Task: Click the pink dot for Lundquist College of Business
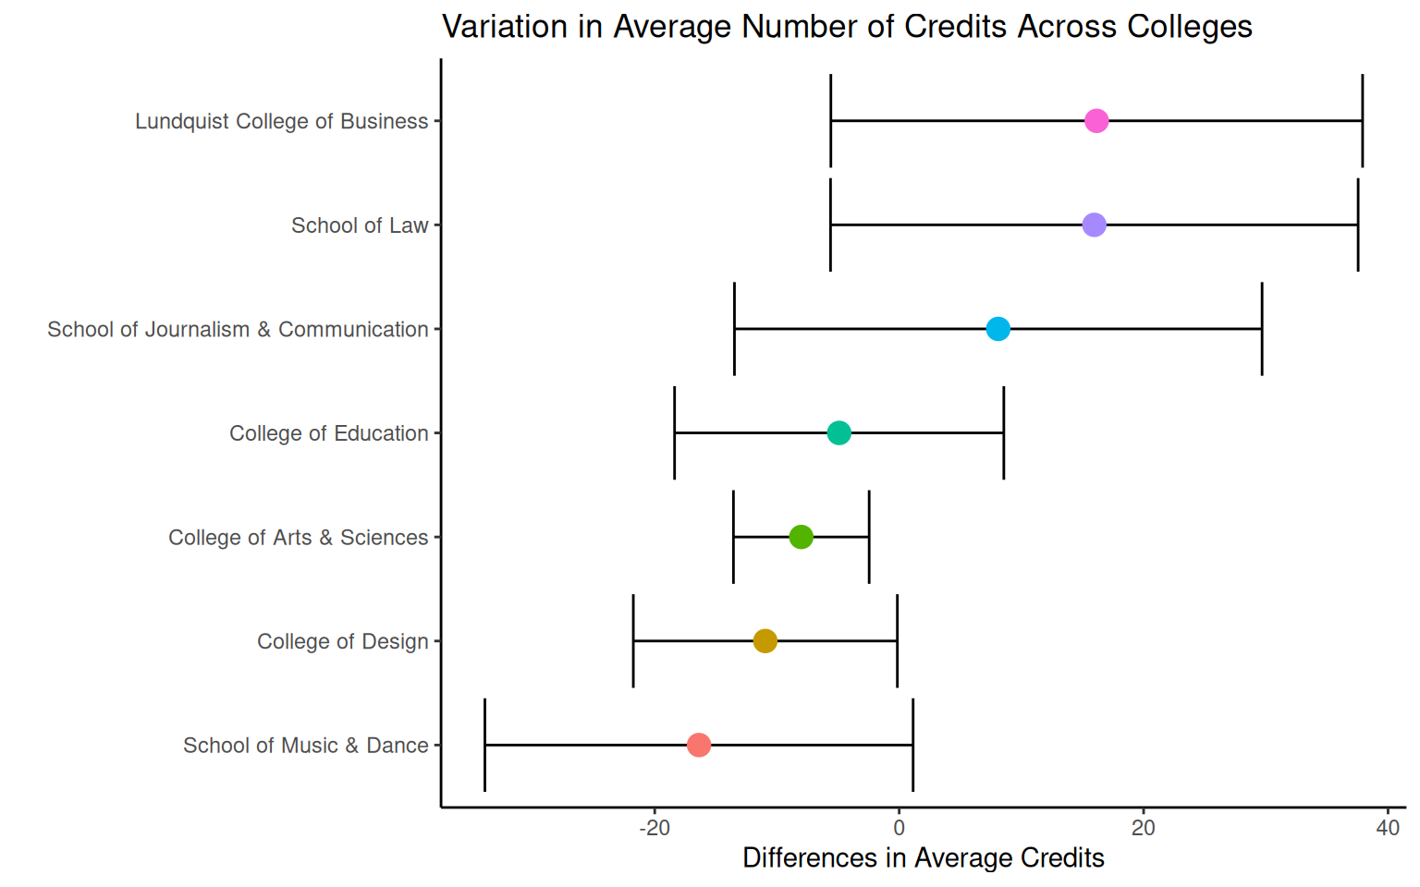(1096, 121)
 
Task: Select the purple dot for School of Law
(1094, 225)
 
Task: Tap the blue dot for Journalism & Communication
(998, 329)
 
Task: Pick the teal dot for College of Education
(839, 432)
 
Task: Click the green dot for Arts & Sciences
(801, 537)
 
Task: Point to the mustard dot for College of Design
(765, 640)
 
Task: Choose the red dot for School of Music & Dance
(699, 745)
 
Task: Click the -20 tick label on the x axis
(655, 828)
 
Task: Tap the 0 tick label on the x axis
(899, 828)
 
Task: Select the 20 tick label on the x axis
(1144, 828)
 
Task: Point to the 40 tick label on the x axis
(1388, 828)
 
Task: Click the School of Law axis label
(360, 225)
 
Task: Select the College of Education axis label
(328, 433)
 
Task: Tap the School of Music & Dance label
(305, 746)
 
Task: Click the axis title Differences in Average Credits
(924, 858)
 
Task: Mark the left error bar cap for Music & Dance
(484, 745)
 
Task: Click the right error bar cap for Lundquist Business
(1362, 121)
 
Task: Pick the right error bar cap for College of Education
(1003, 432)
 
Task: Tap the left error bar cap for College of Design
(633, 640)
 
